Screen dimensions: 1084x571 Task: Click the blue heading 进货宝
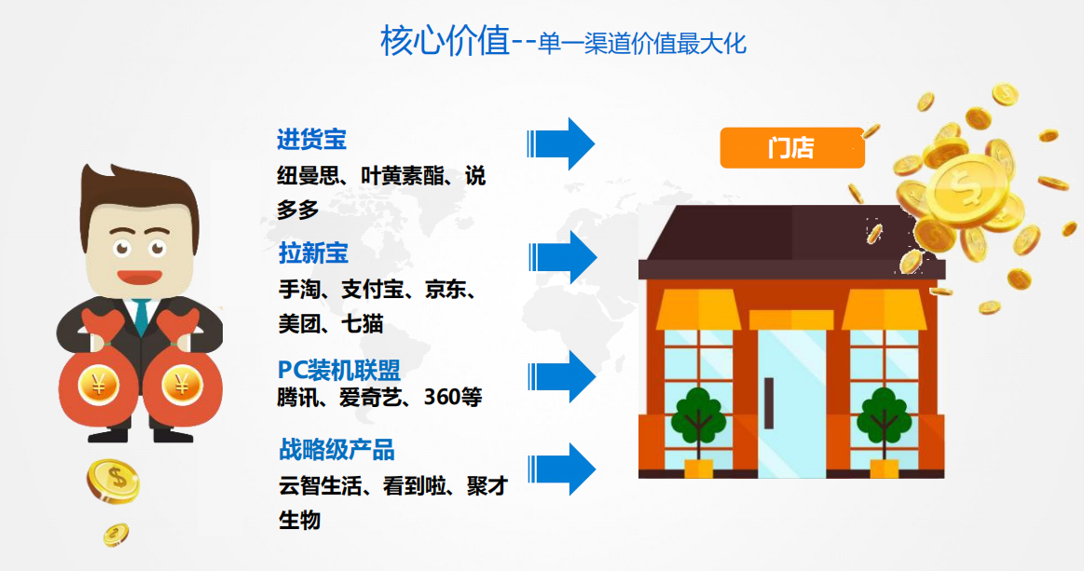(x=311, y=140)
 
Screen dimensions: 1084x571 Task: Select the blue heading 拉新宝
(x=313, y=253)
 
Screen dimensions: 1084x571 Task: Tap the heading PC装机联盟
(x=338, y=370)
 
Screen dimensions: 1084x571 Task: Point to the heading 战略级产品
(x=336, y=450)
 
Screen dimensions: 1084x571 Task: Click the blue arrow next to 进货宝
(x=561, y=143)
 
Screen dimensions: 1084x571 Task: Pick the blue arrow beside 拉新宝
(x=562, y=257)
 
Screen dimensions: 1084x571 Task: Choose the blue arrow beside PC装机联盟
(x=561, y=376)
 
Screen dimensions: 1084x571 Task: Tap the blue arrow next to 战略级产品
(x=561, y=469)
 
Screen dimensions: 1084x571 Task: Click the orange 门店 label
(x=792, y=148)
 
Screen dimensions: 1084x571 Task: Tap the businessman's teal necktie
(x=142, y=318)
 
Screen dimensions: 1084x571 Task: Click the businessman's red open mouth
(x=140, y=278)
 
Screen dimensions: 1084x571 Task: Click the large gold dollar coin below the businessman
(x=114, y=481)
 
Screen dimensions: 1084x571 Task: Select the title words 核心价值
(x=446, y=40)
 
